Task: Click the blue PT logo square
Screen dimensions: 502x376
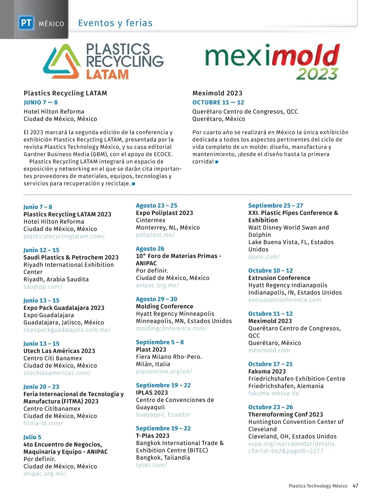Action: tap(26, 23)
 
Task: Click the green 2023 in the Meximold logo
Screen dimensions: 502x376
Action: tap(317, 74)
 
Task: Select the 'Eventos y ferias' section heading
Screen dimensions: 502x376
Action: tap(115, 23)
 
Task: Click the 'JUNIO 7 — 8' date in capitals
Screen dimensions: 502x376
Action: tap(41, 102)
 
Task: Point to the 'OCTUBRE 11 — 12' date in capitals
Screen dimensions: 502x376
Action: tap(218, 102)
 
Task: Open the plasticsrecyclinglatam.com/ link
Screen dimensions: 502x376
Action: tap(64, 236)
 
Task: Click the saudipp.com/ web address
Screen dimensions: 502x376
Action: tap(43, 286)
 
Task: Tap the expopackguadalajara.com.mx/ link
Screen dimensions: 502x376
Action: tap(67, 330)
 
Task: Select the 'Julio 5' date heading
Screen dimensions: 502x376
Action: tap(32, 437)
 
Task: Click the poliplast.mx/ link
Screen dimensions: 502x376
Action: tap(155, 235)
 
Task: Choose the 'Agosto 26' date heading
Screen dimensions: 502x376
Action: tap(150, 248)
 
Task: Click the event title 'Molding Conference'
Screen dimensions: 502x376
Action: tap(164, 306)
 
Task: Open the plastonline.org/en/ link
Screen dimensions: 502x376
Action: tap(164, 371)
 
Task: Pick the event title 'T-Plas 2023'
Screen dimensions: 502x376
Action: tap(153, 435)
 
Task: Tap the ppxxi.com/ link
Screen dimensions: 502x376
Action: tap(264, 257)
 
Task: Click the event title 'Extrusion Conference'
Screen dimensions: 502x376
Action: tap(279, 278)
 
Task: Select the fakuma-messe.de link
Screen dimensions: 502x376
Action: tap(274, 393)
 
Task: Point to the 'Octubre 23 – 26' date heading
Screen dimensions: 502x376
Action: tap(270, 407)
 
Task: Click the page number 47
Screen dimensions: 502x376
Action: tap(355, 486)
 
